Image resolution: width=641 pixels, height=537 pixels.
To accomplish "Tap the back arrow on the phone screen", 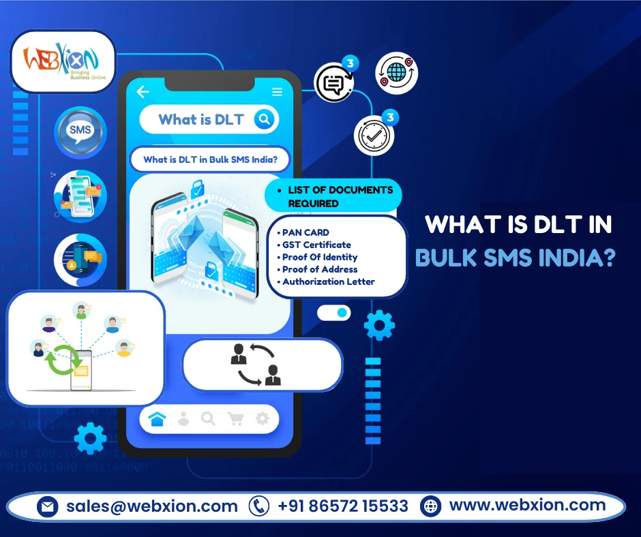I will point(143,92).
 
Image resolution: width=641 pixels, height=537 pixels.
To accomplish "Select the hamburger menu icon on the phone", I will point(277,92).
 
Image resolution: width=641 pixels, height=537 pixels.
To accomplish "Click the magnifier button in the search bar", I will point(263,120).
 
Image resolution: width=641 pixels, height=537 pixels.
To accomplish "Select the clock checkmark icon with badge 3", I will point(374,134).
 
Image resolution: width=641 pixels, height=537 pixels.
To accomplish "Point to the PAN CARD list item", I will point(305,232).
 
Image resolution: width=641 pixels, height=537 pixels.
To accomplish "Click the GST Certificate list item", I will point(316,245).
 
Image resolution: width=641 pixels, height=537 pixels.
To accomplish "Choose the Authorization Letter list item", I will point(328,281).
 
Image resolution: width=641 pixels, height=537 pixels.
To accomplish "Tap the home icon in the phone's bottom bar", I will point(157,419).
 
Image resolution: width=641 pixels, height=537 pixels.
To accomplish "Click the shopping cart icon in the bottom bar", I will point(235,419).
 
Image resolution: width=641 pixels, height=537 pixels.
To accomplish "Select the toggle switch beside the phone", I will point(335,313).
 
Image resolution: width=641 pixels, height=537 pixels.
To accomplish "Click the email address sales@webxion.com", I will point(152,506).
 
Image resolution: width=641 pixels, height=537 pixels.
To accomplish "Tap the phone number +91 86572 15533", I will point(343,506).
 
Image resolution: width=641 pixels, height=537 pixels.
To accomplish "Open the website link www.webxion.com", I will point(527,506).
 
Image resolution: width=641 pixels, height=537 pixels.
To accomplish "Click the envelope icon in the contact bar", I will point(48,507).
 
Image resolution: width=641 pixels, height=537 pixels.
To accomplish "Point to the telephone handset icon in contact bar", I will point(259,506).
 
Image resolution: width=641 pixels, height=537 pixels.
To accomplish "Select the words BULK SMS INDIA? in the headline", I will point(515,258).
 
